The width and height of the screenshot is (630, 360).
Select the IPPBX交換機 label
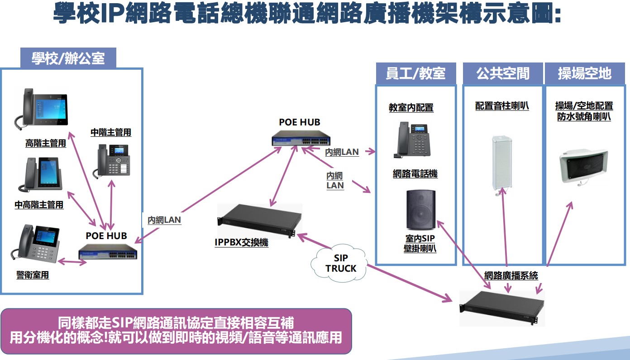[x=241, y=243]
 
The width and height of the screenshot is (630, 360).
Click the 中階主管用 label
[x=111, y=132]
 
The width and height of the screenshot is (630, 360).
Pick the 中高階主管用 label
[x=39, y=205]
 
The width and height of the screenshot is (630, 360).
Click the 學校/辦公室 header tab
[x=68, y=58]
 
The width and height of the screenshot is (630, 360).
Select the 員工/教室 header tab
[x=415, y=73]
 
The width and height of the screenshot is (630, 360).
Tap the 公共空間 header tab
[x=503, y=73]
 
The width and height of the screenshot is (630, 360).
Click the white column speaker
[x=501, y=163]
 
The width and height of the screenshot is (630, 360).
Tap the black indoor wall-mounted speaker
[x=420, y=209]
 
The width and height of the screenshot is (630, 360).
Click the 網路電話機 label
[x=415, y=174]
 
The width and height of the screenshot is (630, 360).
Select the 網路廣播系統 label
[x=511, y=275]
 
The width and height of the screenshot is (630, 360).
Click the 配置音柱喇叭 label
[x=502, y=106]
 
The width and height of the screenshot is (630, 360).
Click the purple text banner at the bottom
[x=176, y=331]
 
